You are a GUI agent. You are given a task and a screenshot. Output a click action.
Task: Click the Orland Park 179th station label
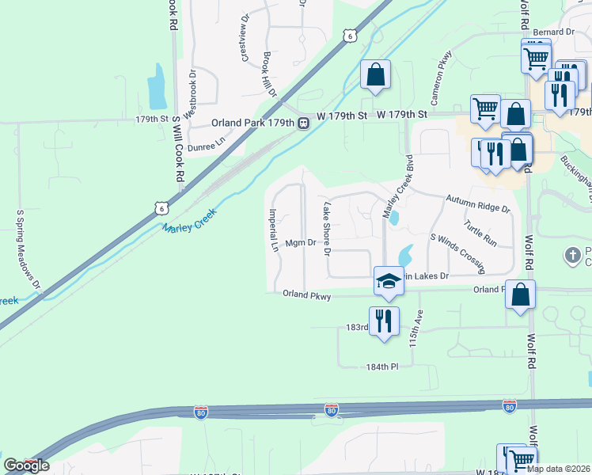(252, 123)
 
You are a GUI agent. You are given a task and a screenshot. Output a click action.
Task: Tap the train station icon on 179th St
(302, 123)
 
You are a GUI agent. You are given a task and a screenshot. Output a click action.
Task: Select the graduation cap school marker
(389, 282)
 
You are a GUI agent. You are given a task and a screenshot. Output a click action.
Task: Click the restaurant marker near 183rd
(384, 321)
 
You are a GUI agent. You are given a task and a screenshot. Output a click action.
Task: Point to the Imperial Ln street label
(274, 230)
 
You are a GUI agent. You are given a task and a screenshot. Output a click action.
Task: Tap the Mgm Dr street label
(301, 243)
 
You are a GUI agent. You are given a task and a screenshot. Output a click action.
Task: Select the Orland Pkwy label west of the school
(306, 294)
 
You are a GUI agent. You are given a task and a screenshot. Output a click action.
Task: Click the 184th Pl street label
(380, 367)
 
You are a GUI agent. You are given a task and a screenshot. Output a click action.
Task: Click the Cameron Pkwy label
(440, 78)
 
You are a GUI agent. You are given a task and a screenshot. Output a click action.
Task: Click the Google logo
(26, 465)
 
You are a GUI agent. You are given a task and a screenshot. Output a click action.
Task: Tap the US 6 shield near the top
(348, 35)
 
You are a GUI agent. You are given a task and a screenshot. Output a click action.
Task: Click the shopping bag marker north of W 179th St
(375, 74)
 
